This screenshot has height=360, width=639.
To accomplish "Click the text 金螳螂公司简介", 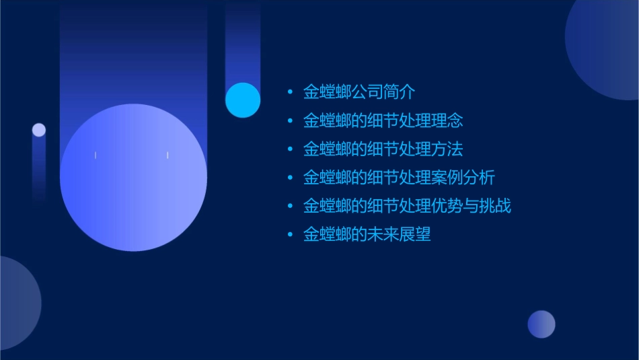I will click(359, 92).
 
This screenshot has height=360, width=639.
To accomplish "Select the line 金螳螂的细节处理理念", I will click(383, 120).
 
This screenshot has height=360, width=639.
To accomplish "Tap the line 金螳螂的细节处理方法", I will click(383, 149).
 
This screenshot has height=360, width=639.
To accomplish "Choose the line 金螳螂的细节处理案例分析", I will click(399, 177).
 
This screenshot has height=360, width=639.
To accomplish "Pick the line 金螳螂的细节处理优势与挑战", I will click(407, 205).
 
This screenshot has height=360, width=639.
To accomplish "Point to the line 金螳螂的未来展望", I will click(367, 234).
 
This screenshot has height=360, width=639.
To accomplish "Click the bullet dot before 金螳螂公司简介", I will click(290, 92).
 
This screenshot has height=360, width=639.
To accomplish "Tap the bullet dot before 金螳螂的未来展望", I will click(290, 234).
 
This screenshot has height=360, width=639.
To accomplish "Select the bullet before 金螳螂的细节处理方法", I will click(290, 149).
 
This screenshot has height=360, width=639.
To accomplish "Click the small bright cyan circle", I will click(243, 100).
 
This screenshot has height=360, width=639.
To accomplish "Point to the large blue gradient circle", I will click(133, 178).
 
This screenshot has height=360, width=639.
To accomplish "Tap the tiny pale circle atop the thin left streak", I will click(39, 130).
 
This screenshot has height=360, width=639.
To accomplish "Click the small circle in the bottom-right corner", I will click(541, 324).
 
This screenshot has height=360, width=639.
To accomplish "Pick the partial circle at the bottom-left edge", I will click(17, 303).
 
